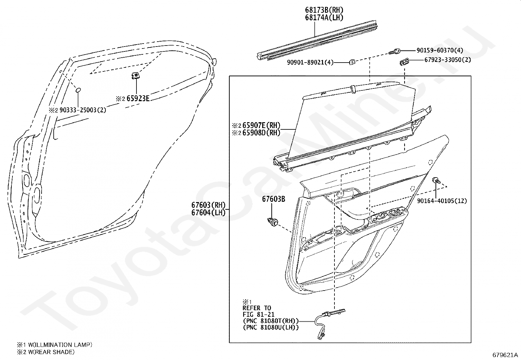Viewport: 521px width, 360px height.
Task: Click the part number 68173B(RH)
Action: coord(324,10)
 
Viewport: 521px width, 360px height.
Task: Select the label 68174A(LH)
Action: coord(324,18)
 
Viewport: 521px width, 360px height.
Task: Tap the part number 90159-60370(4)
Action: coord(440,51)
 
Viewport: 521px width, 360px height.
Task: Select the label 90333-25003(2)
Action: coord(83,110)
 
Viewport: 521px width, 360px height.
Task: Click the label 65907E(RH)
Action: coord(261,125)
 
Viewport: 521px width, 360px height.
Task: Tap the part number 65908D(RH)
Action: coord(261,133)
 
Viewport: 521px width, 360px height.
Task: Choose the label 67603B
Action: coord(273,199)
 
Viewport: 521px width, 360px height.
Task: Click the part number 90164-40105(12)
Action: coord(442,201)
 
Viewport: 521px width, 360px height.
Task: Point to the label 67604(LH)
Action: coord(208,213)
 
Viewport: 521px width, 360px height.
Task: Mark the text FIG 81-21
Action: coord(258,314)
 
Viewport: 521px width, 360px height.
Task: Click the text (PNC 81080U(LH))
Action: coord(270,327)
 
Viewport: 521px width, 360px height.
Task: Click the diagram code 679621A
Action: coord(505,355)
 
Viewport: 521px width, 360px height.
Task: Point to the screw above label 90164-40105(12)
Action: coord(437,180)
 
